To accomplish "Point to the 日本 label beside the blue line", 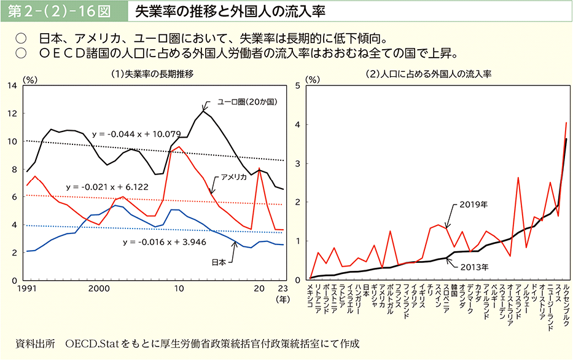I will tap(219, 262).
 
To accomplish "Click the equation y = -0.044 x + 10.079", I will tap(136, 133).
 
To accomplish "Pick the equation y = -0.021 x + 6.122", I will tap(107, 186).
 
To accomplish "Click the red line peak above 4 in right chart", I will tap(566, 123).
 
